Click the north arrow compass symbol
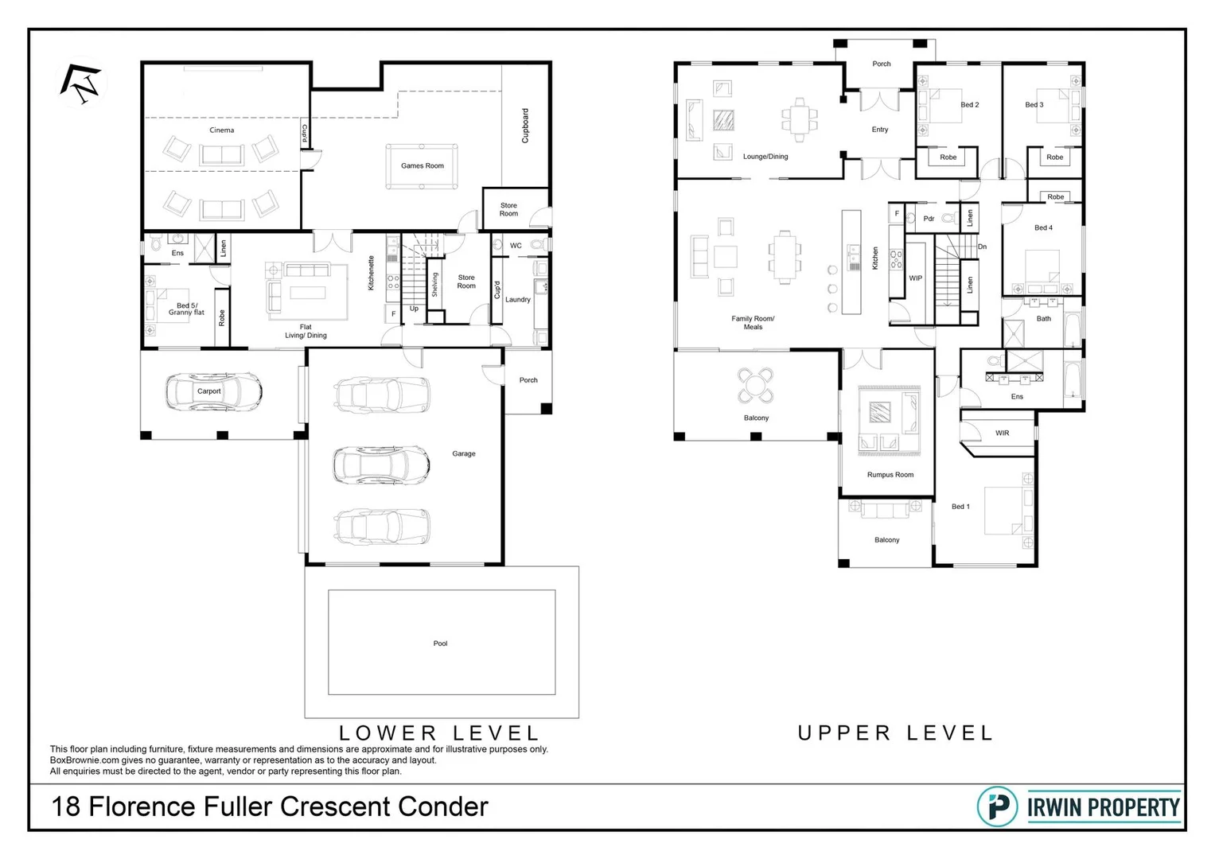coord(83,84)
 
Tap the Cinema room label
coord(222,130)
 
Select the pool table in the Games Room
coord(422,165)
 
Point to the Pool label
coord(440,643)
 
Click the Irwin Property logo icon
coord(996,807)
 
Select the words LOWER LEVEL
coord(439,733)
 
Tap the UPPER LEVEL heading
coord(896,733)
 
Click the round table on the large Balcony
coord(755,385)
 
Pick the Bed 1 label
coord(960,507)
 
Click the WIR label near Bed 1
coord(1002,433)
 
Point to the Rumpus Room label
coord(890,475)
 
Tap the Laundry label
coord(517,300)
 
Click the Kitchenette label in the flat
coord(372,272)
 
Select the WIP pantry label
coord(916,278)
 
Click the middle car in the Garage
coord(382,464)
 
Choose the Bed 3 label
coord(1034,105)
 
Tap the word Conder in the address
coord(443,807)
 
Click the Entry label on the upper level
coord(880,130)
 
